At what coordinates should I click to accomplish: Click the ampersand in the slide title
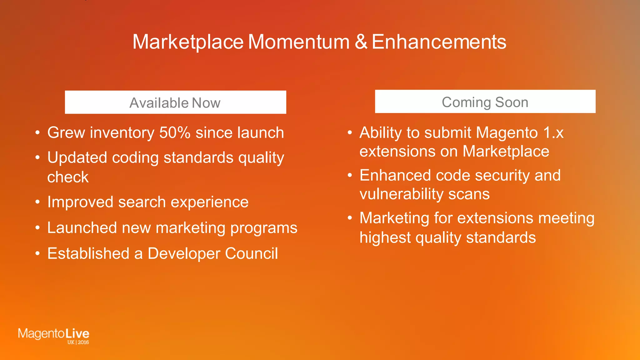pyautogui.click(x=361, y=42)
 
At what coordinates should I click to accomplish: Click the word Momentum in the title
pyautogui.click(x=298, y=42)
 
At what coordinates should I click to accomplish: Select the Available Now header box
pyautogui.click(x=175, y=102)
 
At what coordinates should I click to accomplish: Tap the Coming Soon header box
pyautogui.click(x=485, y=102)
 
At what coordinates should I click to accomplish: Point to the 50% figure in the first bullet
pyautogui.click(x=175, y=132)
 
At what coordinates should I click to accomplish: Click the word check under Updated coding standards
pyautogui.click(x=68, y=177)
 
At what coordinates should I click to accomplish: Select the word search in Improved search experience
pyautogui.click(x=142, y=202)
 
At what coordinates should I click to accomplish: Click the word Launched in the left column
pyautogui.click(x=82, y=228)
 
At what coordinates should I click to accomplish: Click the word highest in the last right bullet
pyautogui.click(x=385, y=238)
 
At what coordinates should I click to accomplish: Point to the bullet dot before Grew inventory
pyautogui.click(x=37, y=133)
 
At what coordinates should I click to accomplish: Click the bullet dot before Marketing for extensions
pyautogui.click(x=350, y=218)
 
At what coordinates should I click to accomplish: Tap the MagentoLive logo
pyautogui.click(x=53, y=334)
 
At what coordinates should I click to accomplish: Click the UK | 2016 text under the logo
pyautogui.click(x=78, y=342)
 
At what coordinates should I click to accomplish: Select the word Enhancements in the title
pyautogui.click(x=439, y=42)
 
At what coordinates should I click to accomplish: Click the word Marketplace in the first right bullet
pyautogui.click(x=506, y=152)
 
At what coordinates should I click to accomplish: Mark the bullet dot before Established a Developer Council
pyautogui.click(x=37, y=253)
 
